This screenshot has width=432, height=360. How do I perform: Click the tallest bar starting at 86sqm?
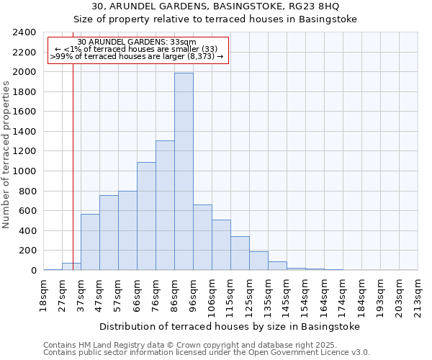coord(184,171)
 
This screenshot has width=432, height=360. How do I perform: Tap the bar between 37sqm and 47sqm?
coord(90,242)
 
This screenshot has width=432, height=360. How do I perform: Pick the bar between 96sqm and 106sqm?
coord(202,238)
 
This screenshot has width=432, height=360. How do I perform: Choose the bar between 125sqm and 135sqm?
coord(258,261)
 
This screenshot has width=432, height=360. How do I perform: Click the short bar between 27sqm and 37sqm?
coord(71,266)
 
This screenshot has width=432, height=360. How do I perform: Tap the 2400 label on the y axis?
coord(24,32)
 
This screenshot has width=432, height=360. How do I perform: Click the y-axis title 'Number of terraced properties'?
coord(7,155)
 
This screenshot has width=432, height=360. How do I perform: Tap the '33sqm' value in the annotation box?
coord(181,42)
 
